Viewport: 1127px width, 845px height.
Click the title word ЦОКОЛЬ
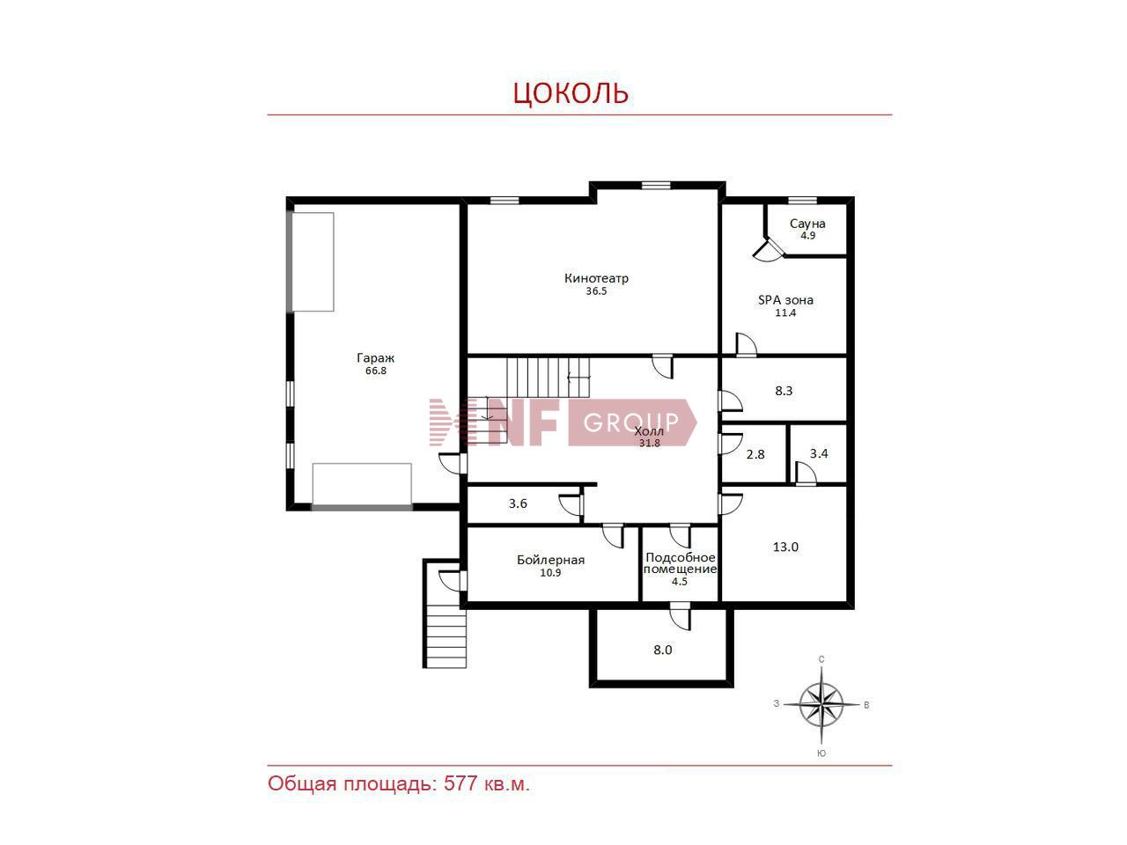(571, 93)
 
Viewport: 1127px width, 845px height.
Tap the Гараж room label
(375, 357)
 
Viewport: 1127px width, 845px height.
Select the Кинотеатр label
(596, 278)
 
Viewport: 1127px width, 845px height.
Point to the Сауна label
(807, 224)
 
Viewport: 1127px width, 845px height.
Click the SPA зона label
(785, 299)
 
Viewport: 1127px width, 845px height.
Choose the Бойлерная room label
(550, 559)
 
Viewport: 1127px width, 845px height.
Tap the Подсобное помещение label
(681, 562)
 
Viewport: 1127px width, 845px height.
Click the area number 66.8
(376, 371)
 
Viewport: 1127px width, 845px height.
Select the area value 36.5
(596, 290)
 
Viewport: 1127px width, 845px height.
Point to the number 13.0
(785, 547)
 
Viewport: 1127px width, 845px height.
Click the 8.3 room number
(784, 391)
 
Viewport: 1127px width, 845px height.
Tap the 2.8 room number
(755, 454)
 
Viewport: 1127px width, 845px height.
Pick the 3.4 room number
(819, 453)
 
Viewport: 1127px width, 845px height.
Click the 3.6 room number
(518, 503)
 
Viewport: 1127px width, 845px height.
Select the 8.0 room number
(663, 650)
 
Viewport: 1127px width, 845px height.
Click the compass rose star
(821, 705)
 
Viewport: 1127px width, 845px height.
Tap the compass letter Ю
(821, 753)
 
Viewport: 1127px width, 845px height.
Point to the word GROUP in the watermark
(631, 422)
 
